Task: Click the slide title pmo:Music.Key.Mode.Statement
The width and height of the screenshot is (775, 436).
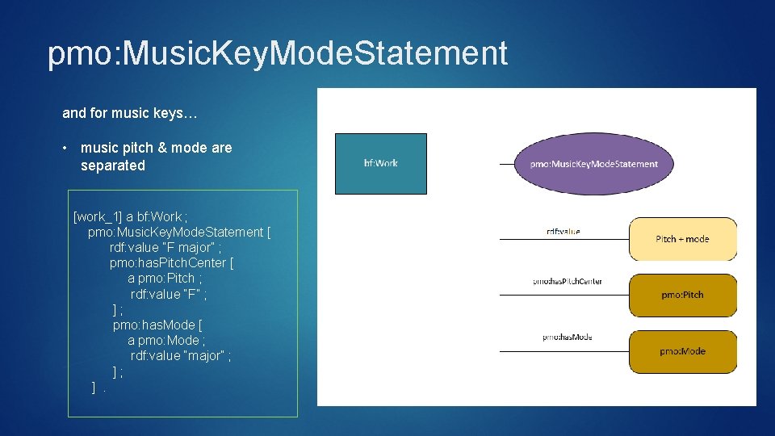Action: [278, 53]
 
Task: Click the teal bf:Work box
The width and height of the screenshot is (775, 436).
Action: [381, 163]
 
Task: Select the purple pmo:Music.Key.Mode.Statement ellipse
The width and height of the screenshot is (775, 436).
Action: [593, 164]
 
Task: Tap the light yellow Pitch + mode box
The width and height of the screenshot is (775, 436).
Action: [682, 239]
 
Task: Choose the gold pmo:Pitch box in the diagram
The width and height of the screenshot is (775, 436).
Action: [682, 295]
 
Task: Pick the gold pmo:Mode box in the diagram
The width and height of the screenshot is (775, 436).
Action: [682, 351]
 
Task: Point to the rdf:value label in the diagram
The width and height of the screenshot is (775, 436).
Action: [563, 232]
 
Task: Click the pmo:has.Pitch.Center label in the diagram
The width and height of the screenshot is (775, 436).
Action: [567, 282]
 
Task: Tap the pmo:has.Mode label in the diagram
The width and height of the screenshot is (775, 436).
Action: [567, 337]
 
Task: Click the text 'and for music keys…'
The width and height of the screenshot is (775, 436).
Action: [129, 113]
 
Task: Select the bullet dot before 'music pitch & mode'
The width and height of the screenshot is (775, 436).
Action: [65, 148]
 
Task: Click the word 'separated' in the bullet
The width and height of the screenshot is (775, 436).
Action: [113, 166]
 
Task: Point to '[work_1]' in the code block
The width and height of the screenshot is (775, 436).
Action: [98, 217]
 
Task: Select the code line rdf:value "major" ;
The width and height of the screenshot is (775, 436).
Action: [181, 356]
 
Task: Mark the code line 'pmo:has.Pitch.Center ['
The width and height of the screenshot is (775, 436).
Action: [172, 263]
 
